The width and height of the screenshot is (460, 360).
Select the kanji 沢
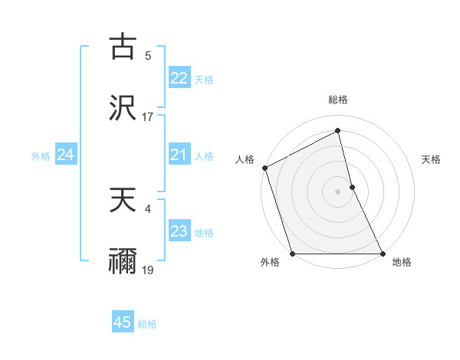[123, 107]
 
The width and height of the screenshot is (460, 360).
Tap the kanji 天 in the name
[123, 201]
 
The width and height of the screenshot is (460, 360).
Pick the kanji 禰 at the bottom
[123, 260]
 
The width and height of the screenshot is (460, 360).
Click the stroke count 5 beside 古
[148, 55]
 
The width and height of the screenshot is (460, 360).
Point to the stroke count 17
[148, 117]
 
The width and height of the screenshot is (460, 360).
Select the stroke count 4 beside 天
[148, 207]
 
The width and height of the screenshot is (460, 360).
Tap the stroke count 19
[148, 270]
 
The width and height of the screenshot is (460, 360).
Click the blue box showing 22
[179, 78]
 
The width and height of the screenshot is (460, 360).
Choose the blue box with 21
[179, 155]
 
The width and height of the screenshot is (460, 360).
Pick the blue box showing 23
[179, 232]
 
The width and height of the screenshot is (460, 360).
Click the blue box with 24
[65, 155]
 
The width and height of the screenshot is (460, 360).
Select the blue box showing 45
[123, 322]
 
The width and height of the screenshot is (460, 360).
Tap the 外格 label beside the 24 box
[41, 156]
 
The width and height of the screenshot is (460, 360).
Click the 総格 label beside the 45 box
[147, 324]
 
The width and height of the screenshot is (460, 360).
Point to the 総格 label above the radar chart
[338, 100]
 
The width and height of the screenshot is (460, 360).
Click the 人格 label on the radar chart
[245, 159]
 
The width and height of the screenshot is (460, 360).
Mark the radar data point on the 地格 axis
[383, 254]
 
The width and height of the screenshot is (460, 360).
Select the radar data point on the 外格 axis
[292, 254]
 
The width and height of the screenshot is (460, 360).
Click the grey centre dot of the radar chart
[338, 191]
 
